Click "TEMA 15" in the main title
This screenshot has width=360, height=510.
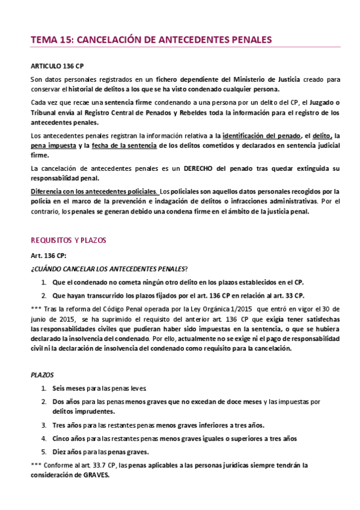49,40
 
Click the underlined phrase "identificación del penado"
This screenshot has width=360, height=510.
262,136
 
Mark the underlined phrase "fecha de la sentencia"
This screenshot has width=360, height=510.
125,146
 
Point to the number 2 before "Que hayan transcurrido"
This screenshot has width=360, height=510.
44,295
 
